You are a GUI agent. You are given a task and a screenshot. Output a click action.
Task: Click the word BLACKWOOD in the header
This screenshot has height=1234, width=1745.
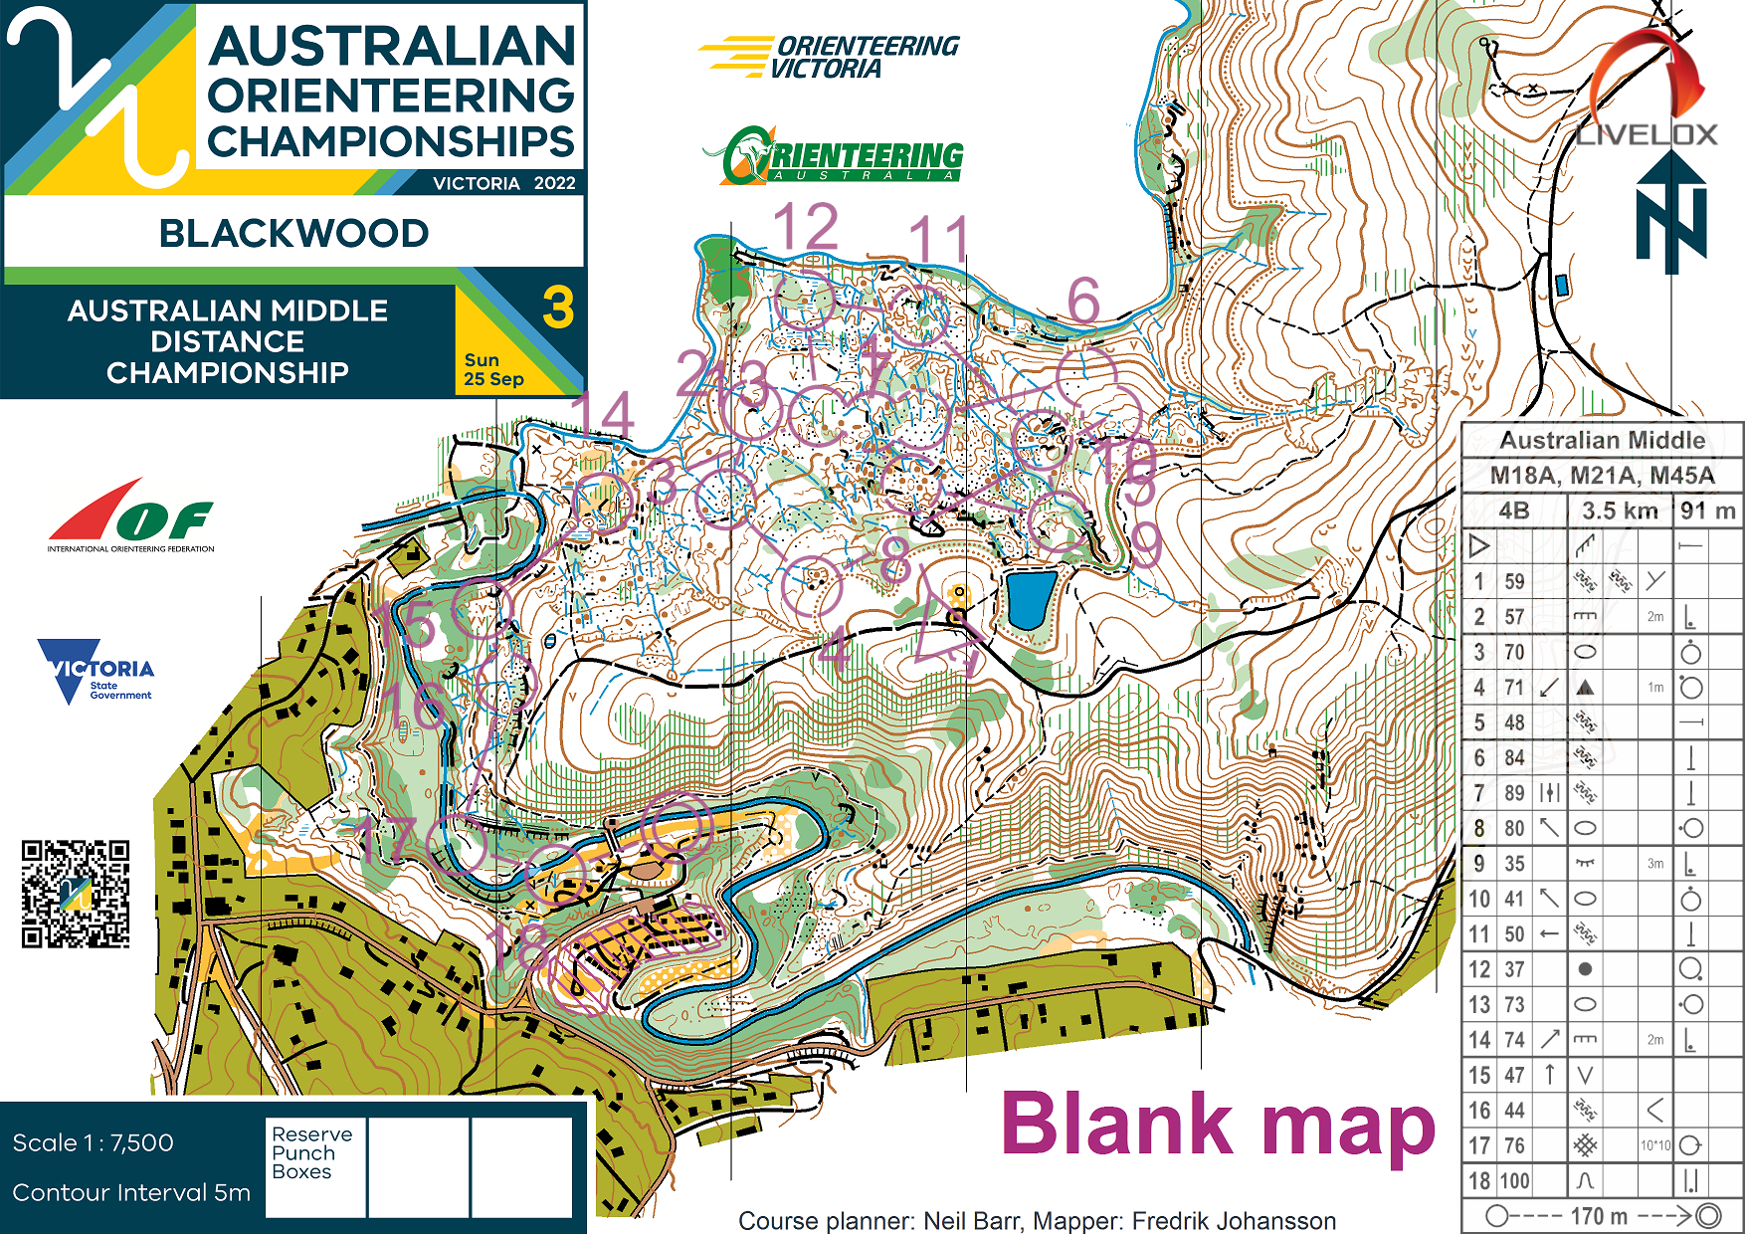[x=293, y=234]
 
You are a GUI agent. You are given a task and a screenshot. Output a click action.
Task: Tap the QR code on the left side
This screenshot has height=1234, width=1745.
[x=76, y=893]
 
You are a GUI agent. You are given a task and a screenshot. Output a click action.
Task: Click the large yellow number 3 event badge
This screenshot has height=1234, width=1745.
[x=558, y=308]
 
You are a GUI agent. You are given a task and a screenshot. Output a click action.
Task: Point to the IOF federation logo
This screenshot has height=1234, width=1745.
[x=130, y=517]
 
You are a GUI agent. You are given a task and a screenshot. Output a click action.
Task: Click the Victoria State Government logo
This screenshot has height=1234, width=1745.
[x=96, y=671]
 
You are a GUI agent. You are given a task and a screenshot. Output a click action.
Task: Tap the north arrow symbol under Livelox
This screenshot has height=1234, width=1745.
[x=1671, y=214]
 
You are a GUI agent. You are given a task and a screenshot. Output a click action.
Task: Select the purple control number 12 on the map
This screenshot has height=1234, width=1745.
[x=806, y=227]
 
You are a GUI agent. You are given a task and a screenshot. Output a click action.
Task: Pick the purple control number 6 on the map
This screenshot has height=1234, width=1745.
[x=1083, y=300]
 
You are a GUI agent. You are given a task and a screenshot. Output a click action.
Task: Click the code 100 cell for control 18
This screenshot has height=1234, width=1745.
[x=1514, y=1181]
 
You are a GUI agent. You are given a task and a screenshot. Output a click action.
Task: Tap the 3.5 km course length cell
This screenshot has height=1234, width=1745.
[x=1620, y=512]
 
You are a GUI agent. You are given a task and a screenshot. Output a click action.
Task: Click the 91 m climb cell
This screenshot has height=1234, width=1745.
[x=1707, y=512]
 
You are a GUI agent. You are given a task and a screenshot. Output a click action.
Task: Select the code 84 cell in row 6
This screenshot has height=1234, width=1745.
[x=1514, y=758]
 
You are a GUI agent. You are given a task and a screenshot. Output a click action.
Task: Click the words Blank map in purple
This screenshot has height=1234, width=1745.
[x=1217, y=1125]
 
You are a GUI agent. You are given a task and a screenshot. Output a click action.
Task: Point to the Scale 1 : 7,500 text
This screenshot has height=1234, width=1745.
[x=94, y=1142]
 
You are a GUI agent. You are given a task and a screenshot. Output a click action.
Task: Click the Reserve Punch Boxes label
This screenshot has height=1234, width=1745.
[x=311, y=1152]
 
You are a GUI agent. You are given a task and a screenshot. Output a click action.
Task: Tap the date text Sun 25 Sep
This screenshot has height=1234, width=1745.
[x=493, y=369]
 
